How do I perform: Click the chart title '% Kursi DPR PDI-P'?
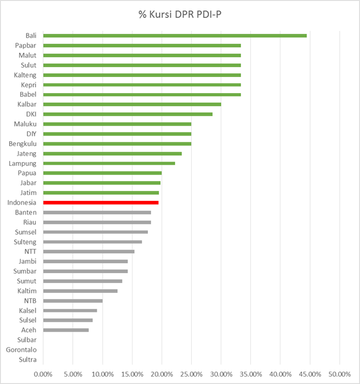(180, 14)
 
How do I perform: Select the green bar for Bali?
(175, 36)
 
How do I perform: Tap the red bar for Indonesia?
(101, 203)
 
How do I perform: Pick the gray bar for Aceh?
(66, 330)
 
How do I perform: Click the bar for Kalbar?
(133, 104)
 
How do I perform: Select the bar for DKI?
(128, 114)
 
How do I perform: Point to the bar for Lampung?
(109, 163)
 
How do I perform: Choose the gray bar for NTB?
(73, 301)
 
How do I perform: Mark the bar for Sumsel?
(96, 232)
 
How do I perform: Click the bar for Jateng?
(112, 153)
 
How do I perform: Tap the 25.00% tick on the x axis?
(191, 374)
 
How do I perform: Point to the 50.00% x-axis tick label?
(340, 374)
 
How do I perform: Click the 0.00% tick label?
(43, 374)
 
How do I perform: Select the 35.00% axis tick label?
(250, 374)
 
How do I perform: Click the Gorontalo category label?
(22, 349)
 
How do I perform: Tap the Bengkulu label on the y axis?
(23, 144)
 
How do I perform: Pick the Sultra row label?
(28, 359)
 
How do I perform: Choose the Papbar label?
(25, 46)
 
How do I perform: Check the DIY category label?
(31, 134)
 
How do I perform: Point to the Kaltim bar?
(80, 291)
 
